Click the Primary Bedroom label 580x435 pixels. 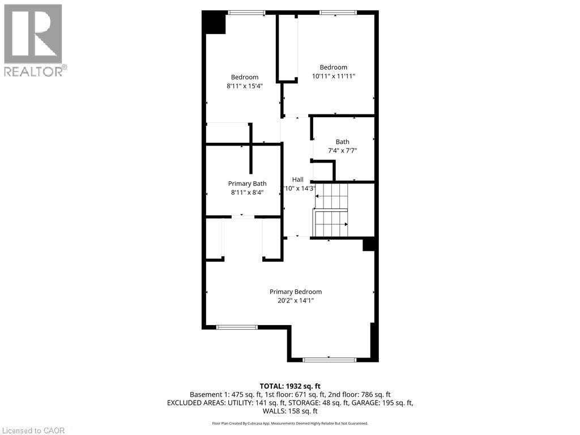(x=295, y=292)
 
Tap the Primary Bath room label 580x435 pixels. (x=247, y=183)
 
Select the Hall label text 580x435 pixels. (x=297, y=180)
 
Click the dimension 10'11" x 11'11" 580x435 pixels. (x=333, y=76)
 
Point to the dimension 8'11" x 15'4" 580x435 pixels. (x=244, y=86)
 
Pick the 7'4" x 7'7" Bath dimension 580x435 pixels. (x=342, y=151)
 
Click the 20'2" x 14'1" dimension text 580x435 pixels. (x=295, y=301)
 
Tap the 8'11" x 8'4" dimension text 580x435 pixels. (x=247, y=192)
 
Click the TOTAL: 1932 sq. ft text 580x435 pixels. (x=289, y=386)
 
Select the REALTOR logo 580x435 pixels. (x=33, y=40)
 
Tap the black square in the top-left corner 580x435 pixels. (x=215, y=23)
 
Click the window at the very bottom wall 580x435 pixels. (x=330, y=359)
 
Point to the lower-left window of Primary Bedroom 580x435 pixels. (x=237, y=327)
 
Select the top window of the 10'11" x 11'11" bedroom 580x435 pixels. (x=338, y=12)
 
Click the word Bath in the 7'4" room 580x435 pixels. (x=342, y=142)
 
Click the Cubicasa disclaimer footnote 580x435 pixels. (x=289, y=423)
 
